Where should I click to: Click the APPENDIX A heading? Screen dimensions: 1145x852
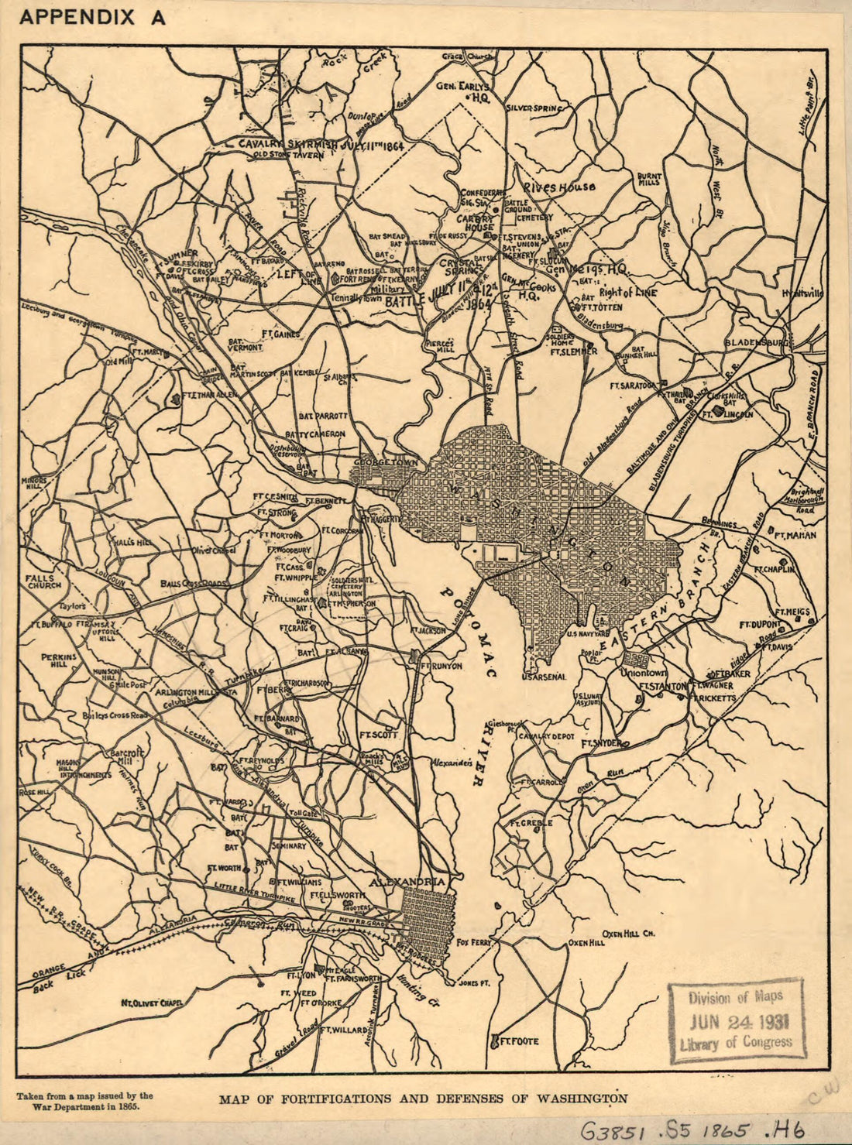coord(92,18)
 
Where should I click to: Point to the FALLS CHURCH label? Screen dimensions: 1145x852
coord(40,582)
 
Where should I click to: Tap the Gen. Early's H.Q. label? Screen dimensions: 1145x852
coord(465,91)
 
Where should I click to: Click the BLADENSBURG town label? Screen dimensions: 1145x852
coord(756,341)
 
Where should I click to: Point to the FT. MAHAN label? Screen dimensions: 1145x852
coord(795,534)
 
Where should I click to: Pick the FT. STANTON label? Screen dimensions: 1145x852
coord(663,686)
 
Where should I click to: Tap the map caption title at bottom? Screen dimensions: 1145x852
coord(423,1098)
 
